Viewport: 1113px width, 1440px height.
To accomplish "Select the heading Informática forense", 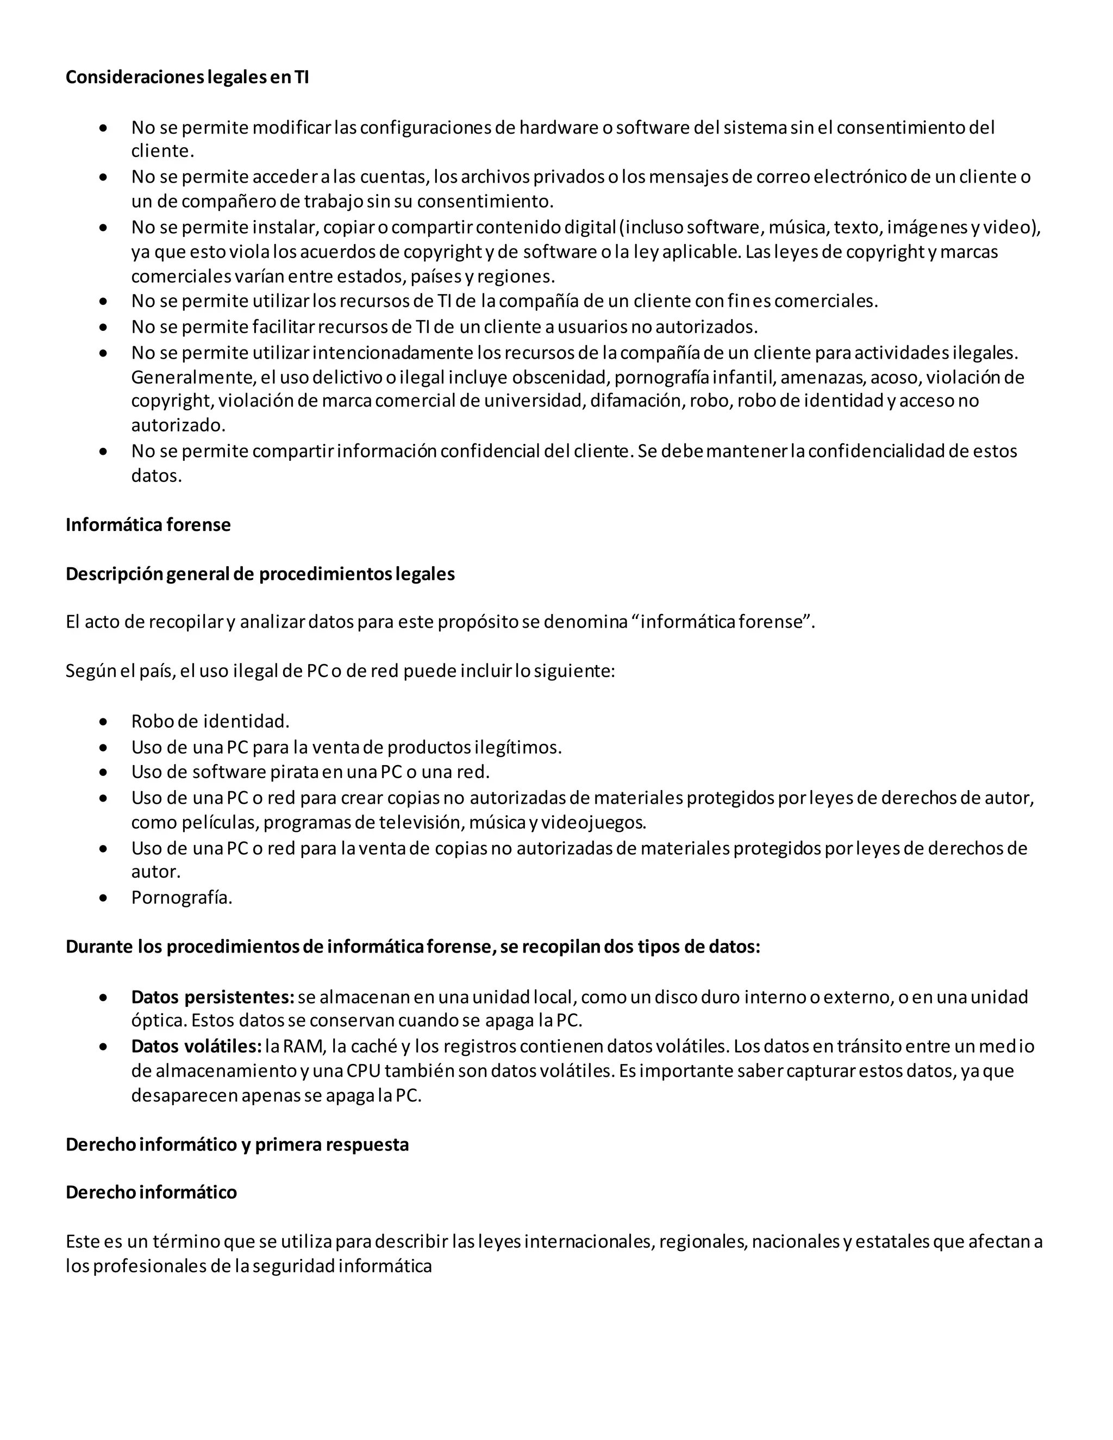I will click(x=148, y=525).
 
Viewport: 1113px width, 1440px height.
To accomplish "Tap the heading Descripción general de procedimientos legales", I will click(x=260, y=574).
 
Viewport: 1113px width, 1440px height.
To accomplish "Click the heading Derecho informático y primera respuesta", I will click(x=237, y=1144).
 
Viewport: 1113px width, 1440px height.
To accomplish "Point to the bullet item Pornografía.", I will click(x=182, y=897).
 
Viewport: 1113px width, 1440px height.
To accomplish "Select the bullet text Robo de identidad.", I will click(x=210, y=721).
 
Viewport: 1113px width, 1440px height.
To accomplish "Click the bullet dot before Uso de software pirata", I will click(x=103, y=772).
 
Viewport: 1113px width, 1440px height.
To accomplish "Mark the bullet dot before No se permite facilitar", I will click(x=103, y=327).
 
